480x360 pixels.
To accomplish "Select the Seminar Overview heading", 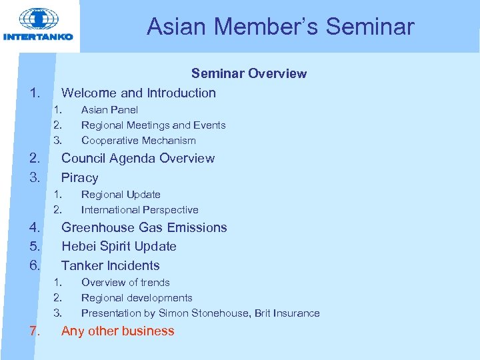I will (x=249, y=74).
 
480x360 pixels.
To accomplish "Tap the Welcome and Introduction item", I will (x=139, y=93).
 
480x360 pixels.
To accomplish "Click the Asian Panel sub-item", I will (x=109, y=110).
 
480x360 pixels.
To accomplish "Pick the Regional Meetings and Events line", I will (x=153, y=125).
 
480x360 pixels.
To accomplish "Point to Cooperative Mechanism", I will (x=139, y=141).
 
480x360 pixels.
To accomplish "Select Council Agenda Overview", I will (x=138, y=159).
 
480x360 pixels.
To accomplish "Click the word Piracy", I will (x=80, y=178).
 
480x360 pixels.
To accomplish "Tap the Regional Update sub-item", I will (x=121, y=195).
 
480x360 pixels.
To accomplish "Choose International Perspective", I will (x=140, y=210).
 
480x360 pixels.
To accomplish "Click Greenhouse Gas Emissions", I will (x=144, y=228).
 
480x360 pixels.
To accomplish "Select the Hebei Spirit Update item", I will (x=119, y=247).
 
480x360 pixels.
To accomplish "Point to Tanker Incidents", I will (x=111, y=266).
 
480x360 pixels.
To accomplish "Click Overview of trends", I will (x=125, y=283).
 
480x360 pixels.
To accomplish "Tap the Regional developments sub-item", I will (x=137, y=298).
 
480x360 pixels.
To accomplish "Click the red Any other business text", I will (x=118, y=331).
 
